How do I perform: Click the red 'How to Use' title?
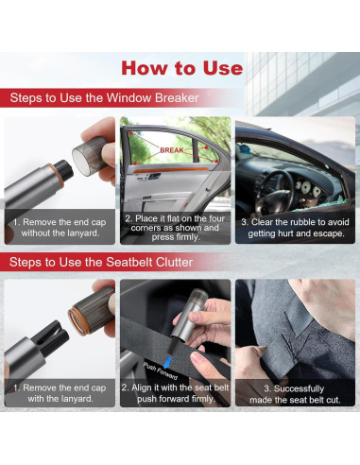[182, 68]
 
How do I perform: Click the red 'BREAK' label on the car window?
[172, 150]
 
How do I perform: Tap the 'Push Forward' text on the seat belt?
[161, 370]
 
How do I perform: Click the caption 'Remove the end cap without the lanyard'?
[60, 228]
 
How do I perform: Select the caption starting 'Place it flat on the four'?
[176, 228]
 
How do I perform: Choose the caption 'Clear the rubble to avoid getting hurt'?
[296, 228]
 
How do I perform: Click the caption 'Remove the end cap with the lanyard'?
[60, 393]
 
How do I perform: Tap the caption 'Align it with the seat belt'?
[176, 393]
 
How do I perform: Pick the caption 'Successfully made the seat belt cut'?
[295, 394]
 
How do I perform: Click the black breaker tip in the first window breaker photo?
[65, 171]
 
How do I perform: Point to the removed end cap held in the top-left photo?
[91, 155]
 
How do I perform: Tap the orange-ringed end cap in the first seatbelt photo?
[92, 311]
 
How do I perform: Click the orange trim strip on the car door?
[171, 170]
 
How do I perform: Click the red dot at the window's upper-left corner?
[131, 133]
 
